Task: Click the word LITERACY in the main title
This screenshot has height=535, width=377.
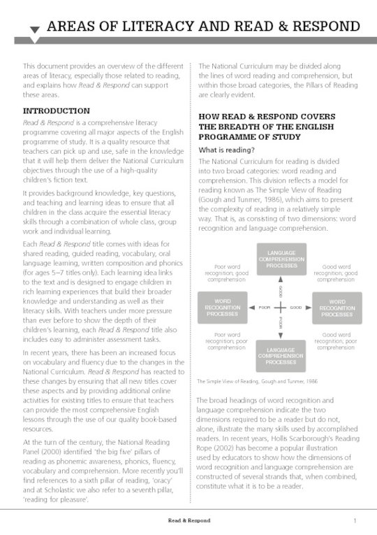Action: point(145,27)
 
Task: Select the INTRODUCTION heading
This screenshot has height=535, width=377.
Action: point(57,110)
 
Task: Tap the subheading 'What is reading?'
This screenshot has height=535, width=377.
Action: point(226,150)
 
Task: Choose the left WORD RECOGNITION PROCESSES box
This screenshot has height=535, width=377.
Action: point(223,308)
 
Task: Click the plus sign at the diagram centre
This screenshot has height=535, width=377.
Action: point(280,308)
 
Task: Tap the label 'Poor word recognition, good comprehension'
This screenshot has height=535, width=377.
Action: point(226,272)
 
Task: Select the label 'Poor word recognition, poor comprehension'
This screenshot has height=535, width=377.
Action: point(226,341)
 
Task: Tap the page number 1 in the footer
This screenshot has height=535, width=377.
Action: point(355,520)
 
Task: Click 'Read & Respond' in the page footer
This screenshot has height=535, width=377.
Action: point(188,520)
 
